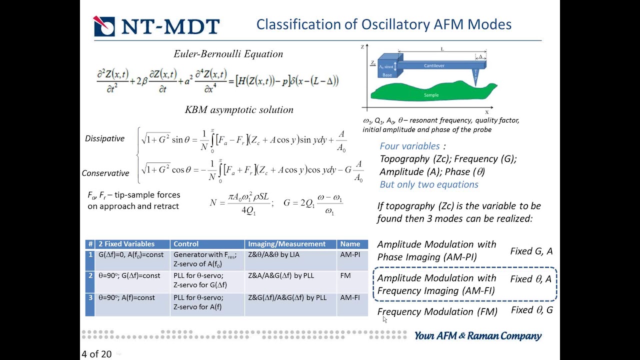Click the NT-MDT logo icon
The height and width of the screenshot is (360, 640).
click(x=104, y=26)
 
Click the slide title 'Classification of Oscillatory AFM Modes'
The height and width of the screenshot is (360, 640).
click(x=383, y=24)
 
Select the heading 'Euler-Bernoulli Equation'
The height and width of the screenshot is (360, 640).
click(x=228, y=54)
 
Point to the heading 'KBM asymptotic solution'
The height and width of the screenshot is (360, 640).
click(x=239, y=109)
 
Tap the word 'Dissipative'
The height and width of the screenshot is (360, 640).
click(x=104, y=138)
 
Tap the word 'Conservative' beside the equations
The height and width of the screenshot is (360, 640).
click(x=105, y=173)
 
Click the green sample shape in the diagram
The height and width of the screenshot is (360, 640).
click(x=430, y=93)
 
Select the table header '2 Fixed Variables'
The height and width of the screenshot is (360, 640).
click(x=126, y=244)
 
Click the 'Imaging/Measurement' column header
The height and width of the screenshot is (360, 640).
click(x=286, y=244)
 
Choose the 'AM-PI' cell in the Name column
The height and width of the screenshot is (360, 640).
click(x=350, y=254)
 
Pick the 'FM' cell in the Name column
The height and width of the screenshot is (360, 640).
click(x=345, y=275)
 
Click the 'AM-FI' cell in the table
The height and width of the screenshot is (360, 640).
click(x=350, y=297)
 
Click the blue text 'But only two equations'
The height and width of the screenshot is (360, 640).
click(x=429, y=184)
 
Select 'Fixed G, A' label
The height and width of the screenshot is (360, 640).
click(x=531, y=251)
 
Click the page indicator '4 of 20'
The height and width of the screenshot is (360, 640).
click(x=96, y=354)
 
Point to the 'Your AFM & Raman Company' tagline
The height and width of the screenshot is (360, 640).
click(x=477, y=336)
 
